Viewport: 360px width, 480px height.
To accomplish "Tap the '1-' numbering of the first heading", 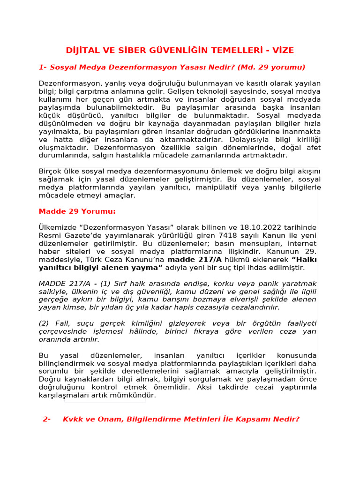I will pos(43,67).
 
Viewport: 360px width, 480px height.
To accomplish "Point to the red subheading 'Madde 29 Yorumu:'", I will pos(77,211).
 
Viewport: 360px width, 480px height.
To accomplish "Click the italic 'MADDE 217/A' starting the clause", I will pos(64,284).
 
